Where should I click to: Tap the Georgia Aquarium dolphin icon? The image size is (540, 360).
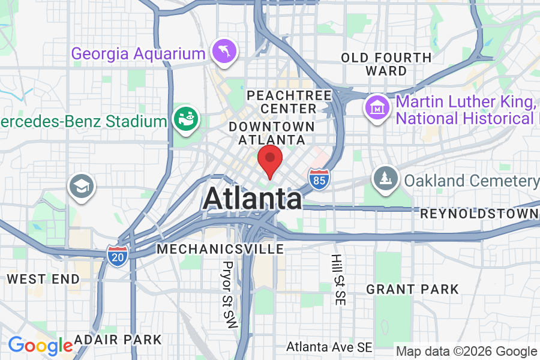224,52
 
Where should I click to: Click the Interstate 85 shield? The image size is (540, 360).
319,178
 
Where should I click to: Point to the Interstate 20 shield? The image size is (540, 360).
116,255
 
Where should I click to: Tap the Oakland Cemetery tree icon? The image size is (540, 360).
385,179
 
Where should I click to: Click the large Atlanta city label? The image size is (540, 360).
252,199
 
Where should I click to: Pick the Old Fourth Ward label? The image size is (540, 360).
386,64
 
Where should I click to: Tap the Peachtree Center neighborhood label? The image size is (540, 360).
289,102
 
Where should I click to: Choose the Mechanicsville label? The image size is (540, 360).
220,248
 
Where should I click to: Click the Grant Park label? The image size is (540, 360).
412,289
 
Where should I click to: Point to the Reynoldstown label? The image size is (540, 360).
479,214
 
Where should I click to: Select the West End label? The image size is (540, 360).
43,279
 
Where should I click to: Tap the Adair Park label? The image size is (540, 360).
119,340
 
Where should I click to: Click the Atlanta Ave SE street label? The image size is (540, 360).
329,347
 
